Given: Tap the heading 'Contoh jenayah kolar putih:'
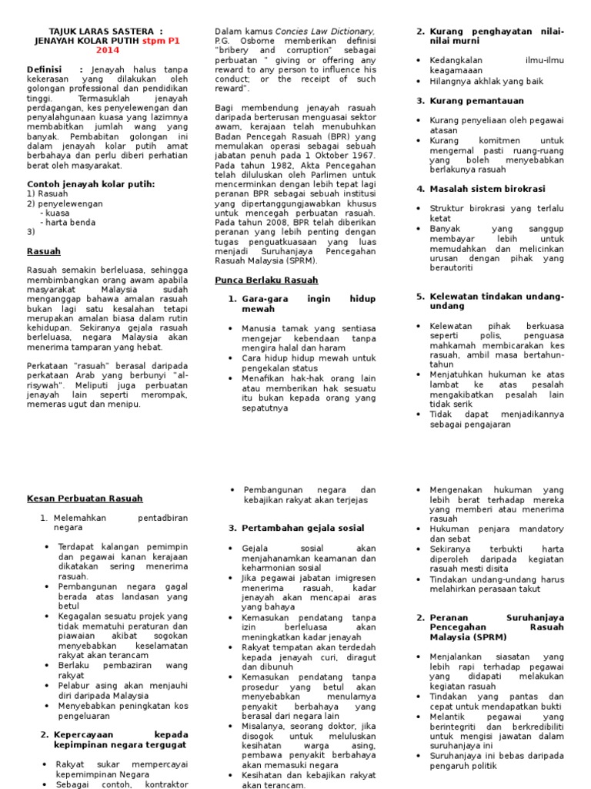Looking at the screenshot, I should click(91, 183).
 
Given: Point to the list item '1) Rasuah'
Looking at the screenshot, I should click(47, 193).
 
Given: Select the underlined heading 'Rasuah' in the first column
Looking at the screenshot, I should click(44, 251).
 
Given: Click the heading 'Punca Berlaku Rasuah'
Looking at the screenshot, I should click(265, 280).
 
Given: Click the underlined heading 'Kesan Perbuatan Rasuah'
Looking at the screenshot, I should click(85, 498).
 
